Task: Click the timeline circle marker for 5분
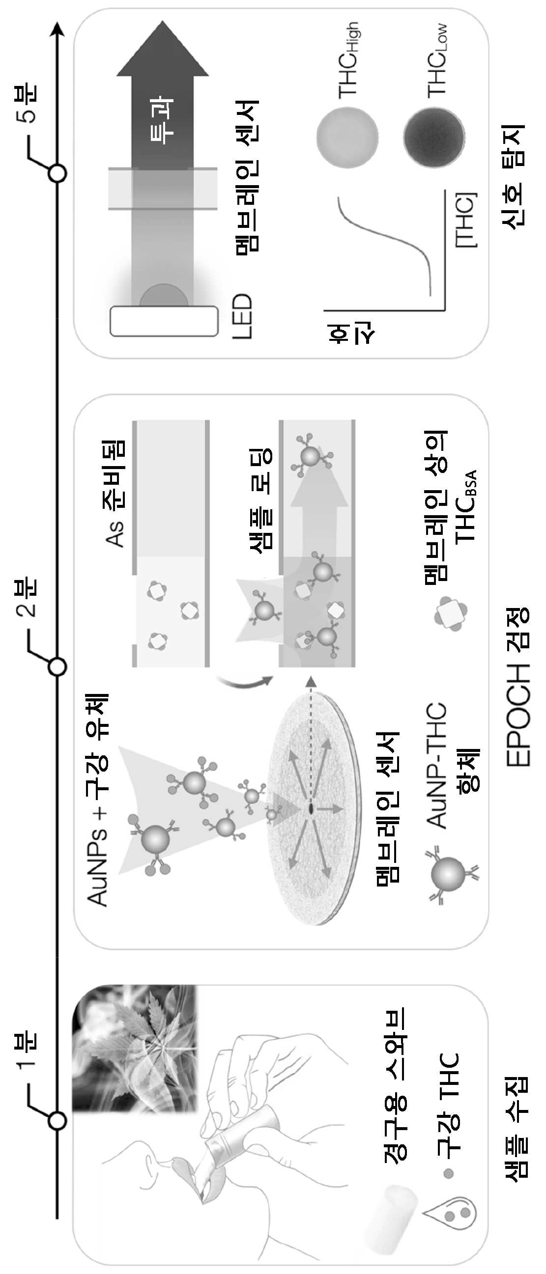coord(57,173)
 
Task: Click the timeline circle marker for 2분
coord(57,666)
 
